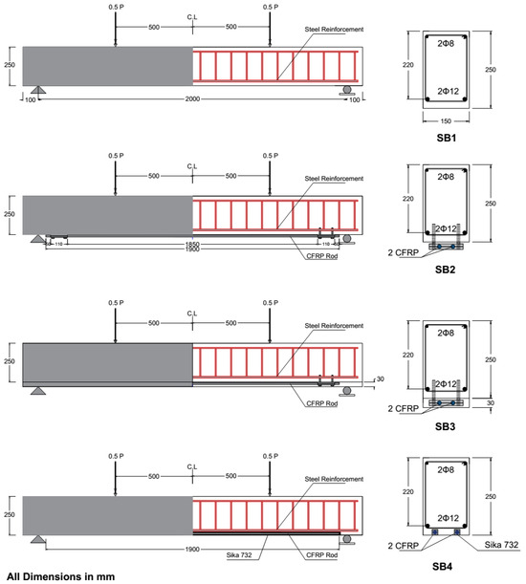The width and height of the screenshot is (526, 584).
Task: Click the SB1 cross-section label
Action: click(x=446, y=138)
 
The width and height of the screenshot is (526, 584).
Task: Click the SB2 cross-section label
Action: click(x=446, y=270)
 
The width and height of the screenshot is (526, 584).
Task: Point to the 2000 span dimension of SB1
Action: click(x=193, y=98)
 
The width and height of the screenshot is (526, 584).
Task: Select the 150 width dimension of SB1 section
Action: click(x=446, y=120)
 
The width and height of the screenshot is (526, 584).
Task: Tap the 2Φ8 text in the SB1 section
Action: click(x=446, y=42)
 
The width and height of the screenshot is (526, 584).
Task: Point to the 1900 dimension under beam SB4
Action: click(x=193, y=549)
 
